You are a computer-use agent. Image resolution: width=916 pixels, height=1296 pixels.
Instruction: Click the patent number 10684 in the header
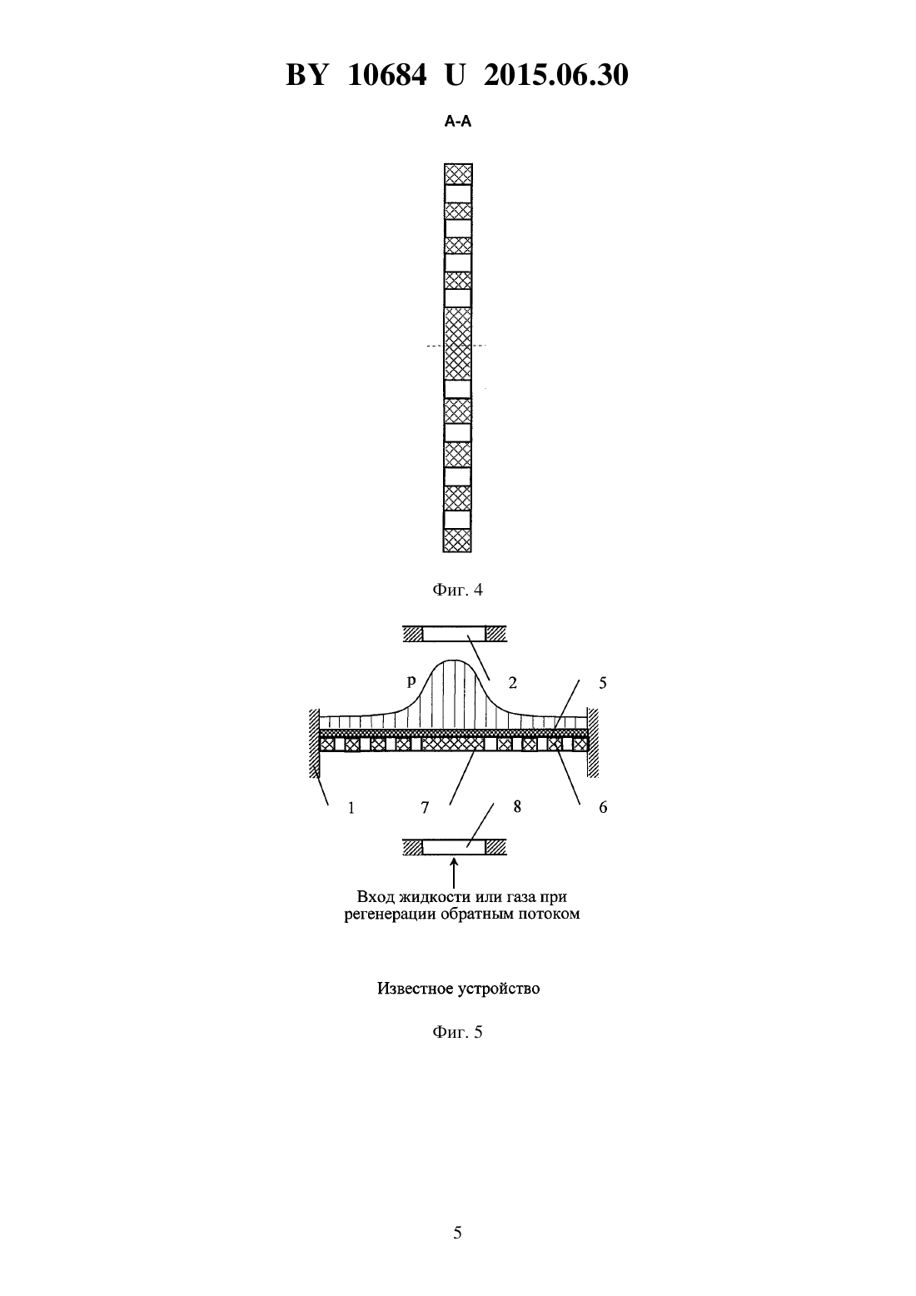tap(387, 75)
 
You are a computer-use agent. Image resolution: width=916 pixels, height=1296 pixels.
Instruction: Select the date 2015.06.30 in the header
tap(555, 75)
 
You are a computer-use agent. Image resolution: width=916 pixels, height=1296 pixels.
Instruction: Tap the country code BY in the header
tap(307, 75)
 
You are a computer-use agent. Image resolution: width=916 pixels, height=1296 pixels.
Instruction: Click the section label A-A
tap(457, 122)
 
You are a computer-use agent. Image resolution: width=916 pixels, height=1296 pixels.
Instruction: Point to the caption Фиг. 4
tap(457, 590)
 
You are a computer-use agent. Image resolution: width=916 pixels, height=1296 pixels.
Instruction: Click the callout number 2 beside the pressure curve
tap(512, 683)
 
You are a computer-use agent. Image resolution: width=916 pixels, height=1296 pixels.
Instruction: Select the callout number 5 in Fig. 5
tap(603, 683)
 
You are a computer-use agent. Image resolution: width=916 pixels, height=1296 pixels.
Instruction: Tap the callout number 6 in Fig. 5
tap(603, 808)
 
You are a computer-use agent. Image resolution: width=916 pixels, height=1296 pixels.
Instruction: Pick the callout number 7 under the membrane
tap(425, 808)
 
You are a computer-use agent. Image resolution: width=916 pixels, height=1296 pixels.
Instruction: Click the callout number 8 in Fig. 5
tap(517, 806)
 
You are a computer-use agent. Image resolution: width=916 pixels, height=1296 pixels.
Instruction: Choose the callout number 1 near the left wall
tap(351, 808)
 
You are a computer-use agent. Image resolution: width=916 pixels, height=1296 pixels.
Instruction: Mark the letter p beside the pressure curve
tap(411, 681)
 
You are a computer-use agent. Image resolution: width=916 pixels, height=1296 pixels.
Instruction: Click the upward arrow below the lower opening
tap(455, 873)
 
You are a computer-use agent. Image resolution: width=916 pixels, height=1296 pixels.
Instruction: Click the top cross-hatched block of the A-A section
tap(458, 174)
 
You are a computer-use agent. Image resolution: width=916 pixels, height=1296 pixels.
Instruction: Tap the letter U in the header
tap(455, 75)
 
